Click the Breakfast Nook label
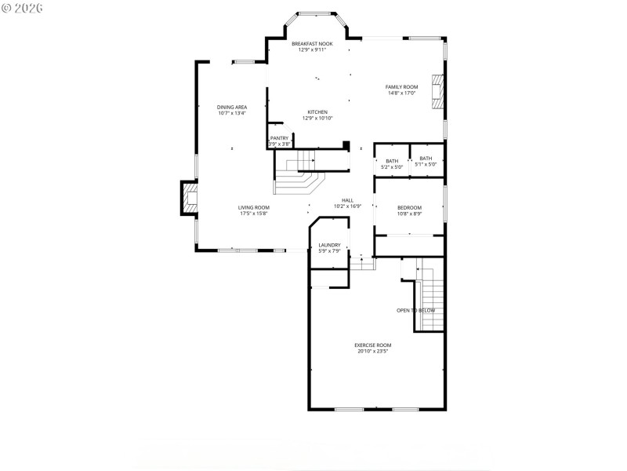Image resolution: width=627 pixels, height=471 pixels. pyautogui.click(x=312, y=44)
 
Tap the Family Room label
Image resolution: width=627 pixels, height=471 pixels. pyautogui.click(x=400, y=86)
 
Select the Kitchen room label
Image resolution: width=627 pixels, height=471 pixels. pyautogui.click(x=317, y=111)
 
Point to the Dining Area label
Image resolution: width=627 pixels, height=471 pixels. pyautogui.click(x=232, y=107)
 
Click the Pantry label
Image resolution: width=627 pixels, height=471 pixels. pyautogui.click(x=279, y=138)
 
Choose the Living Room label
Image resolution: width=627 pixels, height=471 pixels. pyautogui.click(x=254, y=207)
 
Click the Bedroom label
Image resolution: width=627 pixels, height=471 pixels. pyautogui.click(x=409, y=207)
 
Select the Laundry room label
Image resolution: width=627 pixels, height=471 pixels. pyautogui.click(x=329, y=245)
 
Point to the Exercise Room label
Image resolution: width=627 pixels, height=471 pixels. pyautogui.click(x=372, y=345)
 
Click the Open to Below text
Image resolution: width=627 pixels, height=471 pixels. pyautogui.click(x=415, y=310)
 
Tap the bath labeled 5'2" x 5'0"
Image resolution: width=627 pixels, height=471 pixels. pyautogui.click(x=391, y=161)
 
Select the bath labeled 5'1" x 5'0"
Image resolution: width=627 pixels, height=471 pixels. pyautogui.click(x=426, y=159)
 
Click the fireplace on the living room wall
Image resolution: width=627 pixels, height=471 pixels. pyautogui.click(x=190, y=199)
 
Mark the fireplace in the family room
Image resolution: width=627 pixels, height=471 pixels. pyautogui.click(x=440, y=93)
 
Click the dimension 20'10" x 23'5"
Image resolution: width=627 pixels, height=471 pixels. pyautogui.click(x=372, y=351)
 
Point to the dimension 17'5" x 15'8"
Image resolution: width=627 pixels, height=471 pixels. pyautogui.click(x=254, y=214)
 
